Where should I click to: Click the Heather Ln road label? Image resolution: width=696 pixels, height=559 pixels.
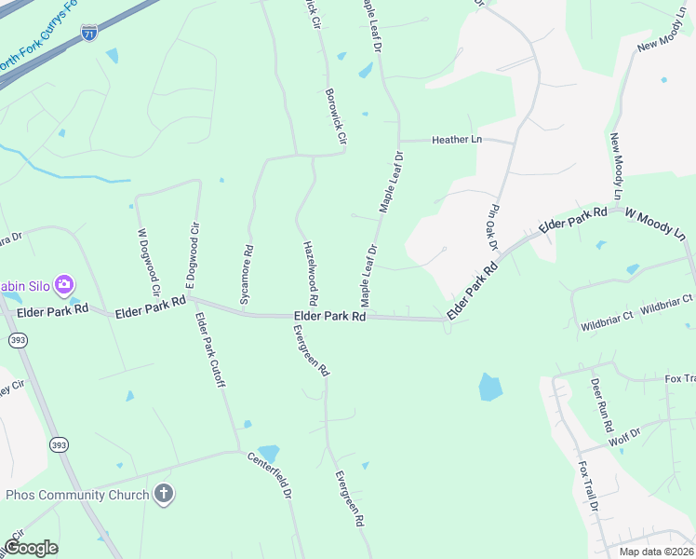(x=456, y=140)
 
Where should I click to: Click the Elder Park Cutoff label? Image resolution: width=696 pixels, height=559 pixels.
(x=209, y=349)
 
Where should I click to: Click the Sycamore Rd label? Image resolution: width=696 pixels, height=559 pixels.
(x=247, y=276)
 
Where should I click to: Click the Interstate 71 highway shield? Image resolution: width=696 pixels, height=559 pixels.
(x=88, y=33)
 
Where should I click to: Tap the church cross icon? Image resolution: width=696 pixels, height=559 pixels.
(x=164, y=494)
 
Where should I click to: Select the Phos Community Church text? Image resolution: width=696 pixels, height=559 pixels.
(x=77, y=495)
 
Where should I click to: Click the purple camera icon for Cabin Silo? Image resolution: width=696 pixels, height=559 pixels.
(x=64, y=283)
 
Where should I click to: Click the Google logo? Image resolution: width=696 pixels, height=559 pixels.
(x=31, y=548)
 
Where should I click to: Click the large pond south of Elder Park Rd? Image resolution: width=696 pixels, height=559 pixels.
(x=490, y=386)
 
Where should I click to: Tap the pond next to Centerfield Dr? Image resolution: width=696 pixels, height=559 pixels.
(x=268, y=452)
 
